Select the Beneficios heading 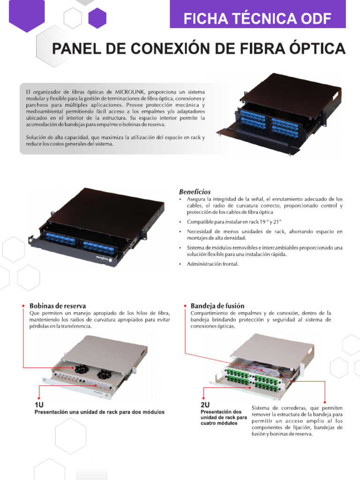tap(195, 192)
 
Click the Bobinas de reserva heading tap(58, 306)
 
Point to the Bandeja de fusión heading tap(217, 306)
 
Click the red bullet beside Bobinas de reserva tap(23, 306)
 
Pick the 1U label tap(39, 404)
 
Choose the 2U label tap(205, 404)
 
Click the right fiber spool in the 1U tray tap(104, 374)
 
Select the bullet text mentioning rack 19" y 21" tap(234, 221)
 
